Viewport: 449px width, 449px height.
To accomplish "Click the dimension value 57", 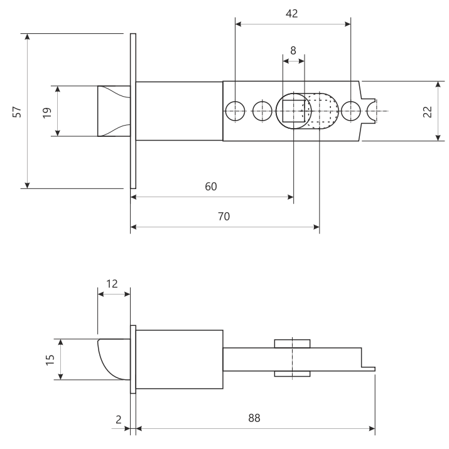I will pos(18,111).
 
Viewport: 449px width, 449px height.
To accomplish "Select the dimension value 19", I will pos(46,111).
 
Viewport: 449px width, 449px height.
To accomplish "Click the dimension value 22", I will pos(427,111).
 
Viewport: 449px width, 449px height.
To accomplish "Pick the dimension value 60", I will pos(211,187).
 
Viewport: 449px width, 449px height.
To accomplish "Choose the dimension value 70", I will pos(224,216).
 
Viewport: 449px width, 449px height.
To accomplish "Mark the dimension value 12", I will pos(113,284).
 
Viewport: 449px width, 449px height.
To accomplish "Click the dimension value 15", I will pos(50,359).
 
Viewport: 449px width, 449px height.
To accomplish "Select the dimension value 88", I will pos(254,418).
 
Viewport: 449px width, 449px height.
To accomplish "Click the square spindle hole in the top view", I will pos(293,111).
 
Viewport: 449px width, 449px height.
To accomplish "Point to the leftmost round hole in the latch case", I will pos(235,111).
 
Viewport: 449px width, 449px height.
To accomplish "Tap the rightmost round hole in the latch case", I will pos(350,111).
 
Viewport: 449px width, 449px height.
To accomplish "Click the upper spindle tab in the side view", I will pos(292,343).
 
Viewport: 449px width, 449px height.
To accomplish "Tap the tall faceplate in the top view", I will pos(133,111).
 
